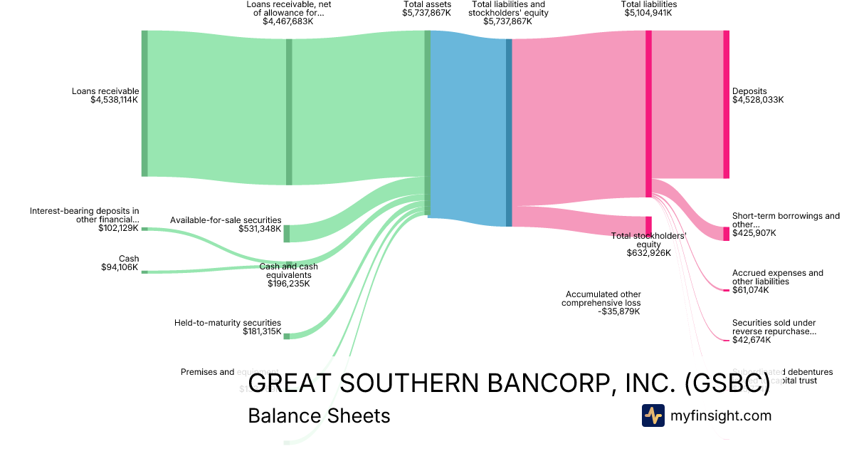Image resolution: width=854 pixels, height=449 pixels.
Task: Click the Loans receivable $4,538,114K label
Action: tap(105, 96)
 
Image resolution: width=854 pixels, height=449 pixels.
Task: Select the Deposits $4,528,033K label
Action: tap(758, 96)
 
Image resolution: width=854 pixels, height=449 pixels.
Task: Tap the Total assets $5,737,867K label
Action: tap(426, 9)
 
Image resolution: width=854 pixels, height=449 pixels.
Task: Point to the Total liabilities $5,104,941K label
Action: tap(648, 9)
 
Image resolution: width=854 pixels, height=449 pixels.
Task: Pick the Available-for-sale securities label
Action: tap(226, 224)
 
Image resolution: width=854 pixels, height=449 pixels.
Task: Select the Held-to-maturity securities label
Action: tap(228, 327)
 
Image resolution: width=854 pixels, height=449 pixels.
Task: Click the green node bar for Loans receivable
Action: tap(144, 103)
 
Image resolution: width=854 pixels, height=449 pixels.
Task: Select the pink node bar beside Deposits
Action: tap(726, 104)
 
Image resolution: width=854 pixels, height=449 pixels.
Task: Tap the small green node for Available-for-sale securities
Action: tap(287, 234)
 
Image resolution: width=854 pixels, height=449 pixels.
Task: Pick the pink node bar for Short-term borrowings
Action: tap(726, 234)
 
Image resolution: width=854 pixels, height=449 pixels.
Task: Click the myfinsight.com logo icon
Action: tap(653, 416)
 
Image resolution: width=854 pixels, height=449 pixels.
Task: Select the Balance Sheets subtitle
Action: tap(319, 416)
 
